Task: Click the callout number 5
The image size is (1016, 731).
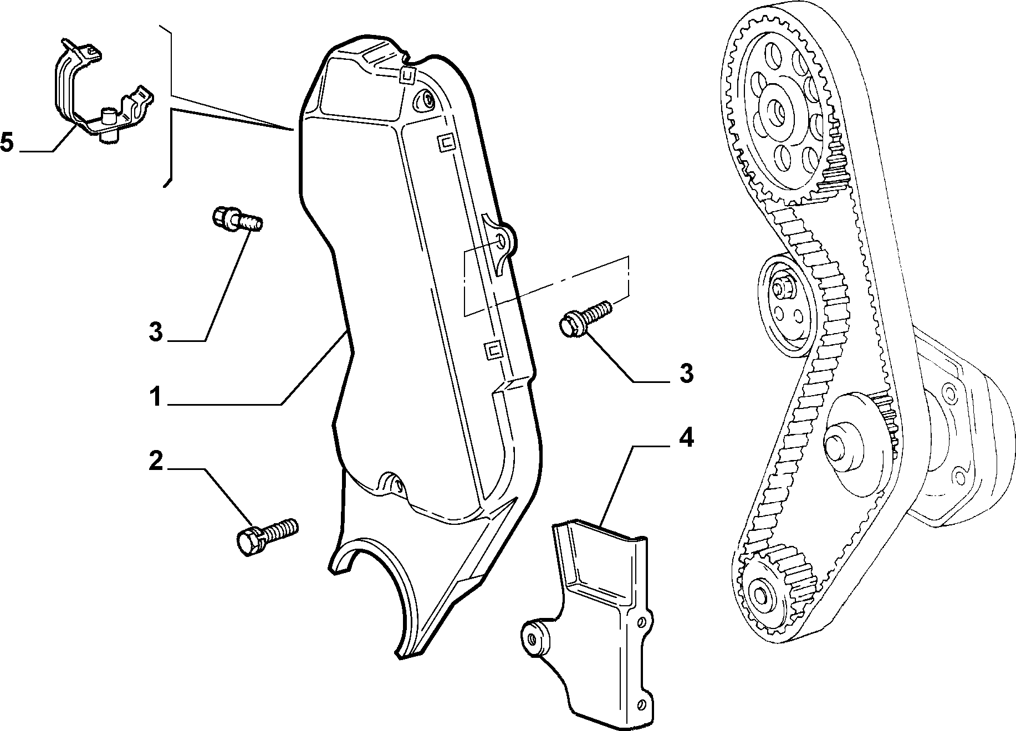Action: coord(7,142)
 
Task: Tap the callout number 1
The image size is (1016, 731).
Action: coord(156,397)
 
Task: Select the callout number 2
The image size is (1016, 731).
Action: coord(156,461)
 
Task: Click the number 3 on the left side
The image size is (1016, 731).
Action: coord(156,332)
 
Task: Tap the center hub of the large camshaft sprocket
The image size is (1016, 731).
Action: coord(775,111)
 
